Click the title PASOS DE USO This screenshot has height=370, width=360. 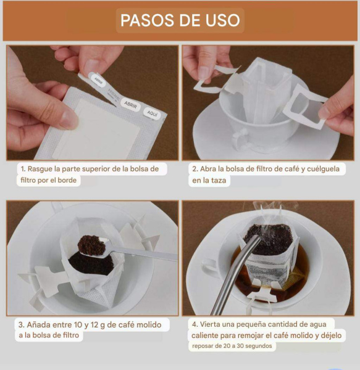click(x=180, y=20)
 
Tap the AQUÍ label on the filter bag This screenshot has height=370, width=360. click(x=152, y=113)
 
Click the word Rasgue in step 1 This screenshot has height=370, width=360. click(x=40, y=169)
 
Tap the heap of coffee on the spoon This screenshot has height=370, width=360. click(x=91, y=245)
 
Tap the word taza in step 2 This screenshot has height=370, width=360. click(x=219, y=181)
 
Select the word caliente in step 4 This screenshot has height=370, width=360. click(x=205, y=335)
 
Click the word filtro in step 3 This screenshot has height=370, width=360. click(x=70, y=335)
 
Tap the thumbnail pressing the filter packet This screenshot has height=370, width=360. click(x=69, y=120)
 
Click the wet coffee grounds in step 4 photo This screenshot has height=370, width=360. click(x=269, y=239)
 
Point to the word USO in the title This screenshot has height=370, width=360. click(x=222, y=20)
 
